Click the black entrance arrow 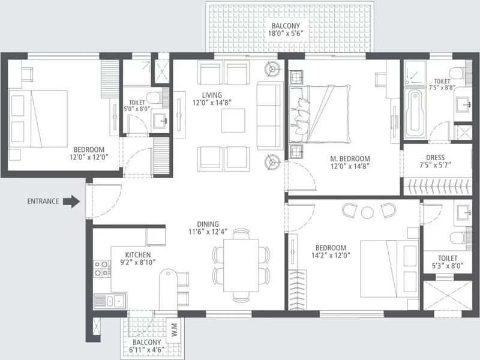[x=71, y=202]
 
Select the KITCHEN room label [x=138, y=254]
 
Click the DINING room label [x=208, y=224]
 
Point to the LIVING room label [x=212, y=95]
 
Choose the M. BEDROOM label [x=350, y=158]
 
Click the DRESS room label [x=435, y=158]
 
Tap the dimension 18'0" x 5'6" [x=286, y=34]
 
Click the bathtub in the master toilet [x=415, y=113]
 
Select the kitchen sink [x=110, y=301]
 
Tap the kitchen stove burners [x=102, y=268]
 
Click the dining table [x=241, y=265]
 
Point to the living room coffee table [x=233, y=121]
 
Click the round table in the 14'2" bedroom [x=367, y=212]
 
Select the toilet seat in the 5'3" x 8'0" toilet [x=458, y=238]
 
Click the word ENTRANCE [x=43, y=202]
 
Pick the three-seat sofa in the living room [x=268, y=116]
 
